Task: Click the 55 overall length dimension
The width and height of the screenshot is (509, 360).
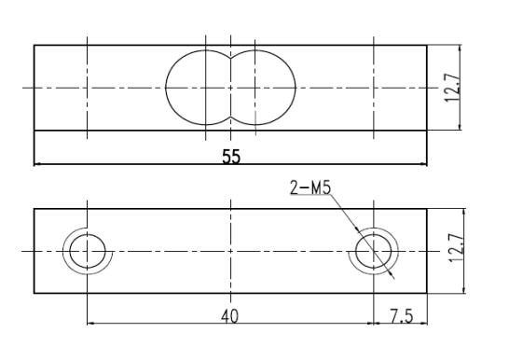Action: tap(229, 157)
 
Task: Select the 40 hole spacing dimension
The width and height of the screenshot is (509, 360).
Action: tap(229, 316)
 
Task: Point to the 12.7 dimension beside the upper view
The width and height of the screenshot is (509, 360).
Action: tap(452, 88)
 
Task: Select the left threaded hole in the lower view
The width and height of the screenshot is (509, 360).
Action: tap(87, 251)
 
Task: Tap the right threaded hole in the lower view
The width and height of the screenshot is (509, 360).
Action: tap(375, 251)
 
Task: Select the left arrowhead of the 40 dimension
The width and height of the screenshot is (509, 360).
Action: tap(89, 325)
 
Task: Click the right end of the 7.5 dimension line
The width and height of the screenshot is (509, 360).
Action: tap(424, 325)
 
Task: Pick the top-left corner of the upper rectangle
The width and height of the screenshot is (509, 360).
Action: tap(34, 44)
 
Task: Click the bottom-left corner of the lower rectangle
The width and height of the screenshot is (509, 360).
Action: tap(34, 293)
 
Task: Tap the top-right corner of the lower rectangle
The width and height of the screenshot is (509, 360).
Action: tap(427, 209)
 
